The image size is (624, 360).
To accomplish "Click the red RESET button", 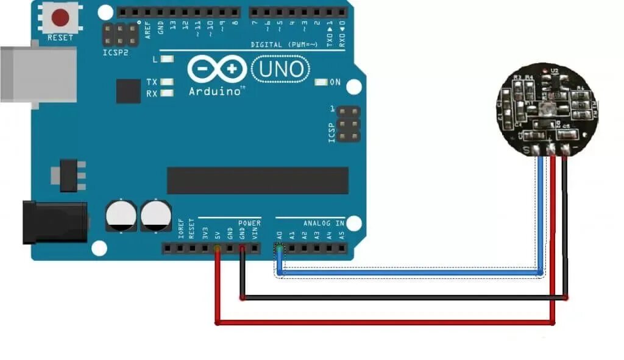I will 60,18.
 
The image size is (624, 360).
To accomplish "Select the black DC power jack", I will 54,222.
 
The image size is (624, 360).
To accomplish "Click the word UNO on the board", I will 280,70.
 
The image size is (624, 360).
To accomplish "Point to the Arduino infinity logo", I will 217,70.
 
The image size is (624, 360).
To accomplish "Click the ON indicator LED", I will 321,82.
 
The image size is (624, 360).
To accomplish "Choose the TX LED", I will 165,82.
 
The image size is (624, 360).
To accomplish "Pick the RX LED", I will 165,94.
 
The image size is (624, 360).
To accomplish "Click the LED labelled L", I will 165,60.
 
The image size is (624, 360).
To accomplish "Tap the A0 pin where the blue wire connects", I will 280,249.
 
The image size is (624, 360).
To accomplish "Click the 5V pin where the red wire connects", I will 217,249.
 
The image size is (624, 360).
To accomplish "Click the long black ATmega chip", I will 257,180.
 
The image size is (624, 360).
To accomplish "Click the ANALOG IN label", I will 323,224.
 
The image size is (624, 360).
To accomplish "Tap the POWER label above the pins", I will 249,224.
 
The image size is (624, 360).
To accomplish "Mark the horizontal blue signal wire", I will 408,274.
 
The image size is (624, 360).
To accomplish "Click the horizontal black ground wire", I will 402,298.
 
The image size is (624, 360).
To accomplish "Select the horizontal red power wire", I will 384,322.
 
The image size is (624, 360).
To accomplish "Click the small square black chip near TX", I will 129,91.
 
